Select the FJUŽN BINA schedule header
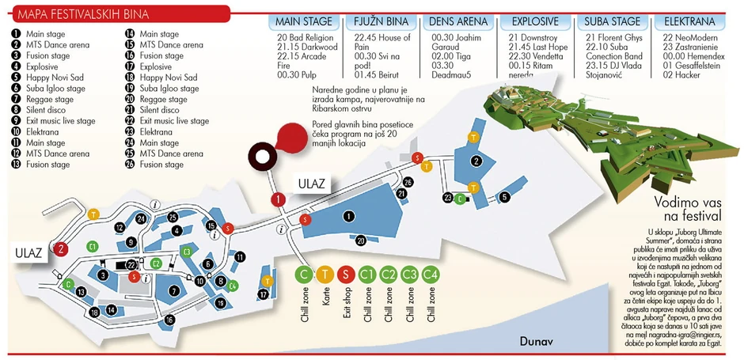coord(380,21)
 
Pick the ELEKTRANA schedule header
coord(689,21)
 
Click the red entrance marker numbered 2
coord(62,248)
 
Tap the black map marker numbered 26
coord(408,182)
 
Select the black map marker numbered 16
coord(169,320)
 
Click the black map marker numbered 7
coord(173,290)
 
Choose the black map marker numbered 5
coord(503,197)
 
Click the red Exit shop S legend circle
coord(344,275)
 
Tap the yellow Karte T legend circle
coord(325,275)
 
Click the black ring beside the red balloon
coord(260,157)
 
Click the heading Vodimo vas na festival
coord(687,209)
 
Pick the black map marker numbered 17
coord(263,294)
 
